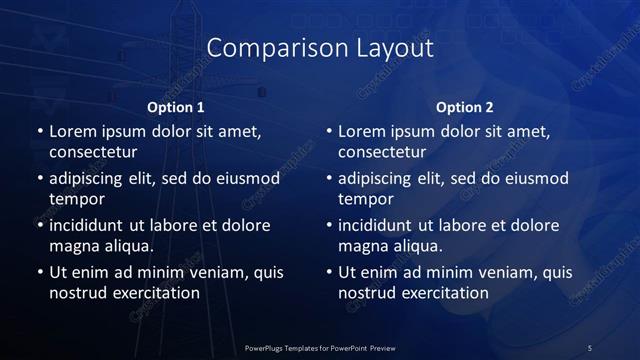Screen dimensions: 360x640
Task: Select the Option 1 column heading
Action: click(x=176, y=107)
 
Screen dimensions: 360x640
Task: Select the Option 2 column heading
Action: click(x=465, y=107)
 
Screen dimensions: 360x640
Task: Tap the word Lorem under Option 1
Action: click(x=71, y=131)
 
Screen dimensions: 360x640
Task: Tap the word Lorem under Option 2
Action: click(x=360, y=131)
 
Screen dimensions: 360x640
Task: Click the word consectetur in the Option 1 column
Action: click(x=93, y=153)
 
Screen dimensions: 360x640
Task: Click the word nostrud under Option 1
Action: click(x=76, y=293)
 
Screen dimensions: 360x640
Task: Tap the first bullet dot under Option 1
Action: click(x=40, y=131)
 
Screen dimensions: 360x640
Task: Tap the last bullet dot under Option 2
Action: click(x=329, y=271)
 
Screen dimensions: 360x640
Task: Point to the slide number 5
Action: click(x=589, y=347)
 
